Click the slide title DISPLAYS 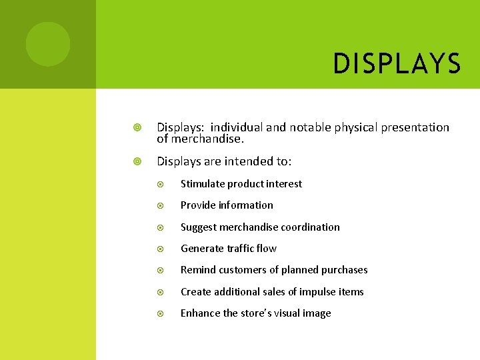397,64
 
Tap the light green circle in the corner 48,44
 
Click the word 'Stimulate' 203,184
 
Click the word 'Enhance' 201,313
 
